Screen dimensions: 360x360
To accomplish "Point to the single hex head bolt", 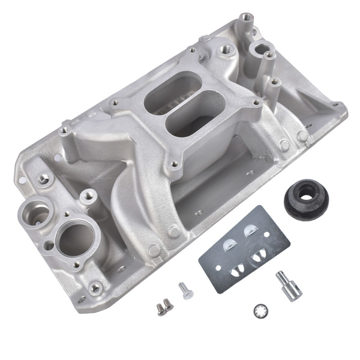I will [186, 290].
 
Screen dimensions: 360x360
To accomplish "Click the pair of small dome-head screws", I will [164, 307].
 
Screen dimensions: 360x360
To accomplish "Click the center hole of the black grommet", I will [307, 196].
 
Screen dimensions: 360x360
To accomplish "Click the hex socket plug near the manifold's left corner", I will [43, 179].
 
